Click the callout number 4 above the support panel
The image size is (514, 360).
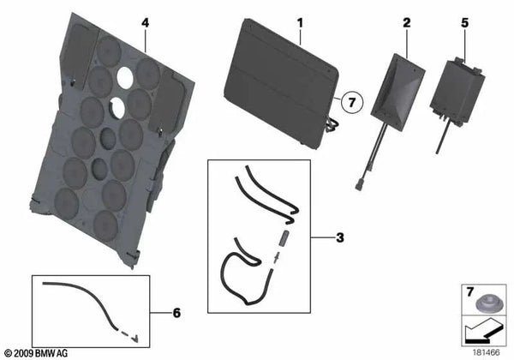click(146, 23)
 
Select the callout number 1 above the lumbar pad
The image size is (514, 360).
click(300, 23)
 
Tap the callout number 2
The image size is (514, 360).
click(406, 22)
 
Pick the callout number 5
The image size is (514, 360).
click(465, 22)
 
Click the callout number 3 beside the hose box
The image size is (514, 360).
click(340, 237)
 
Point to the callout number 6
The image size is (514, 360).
click(176, 313)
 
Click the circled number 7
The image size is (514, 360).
click(352, 102)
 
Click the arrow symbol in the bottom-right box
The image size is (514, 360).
click(482, 332)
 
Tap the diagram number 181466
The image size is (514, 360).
click(486, 352)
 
